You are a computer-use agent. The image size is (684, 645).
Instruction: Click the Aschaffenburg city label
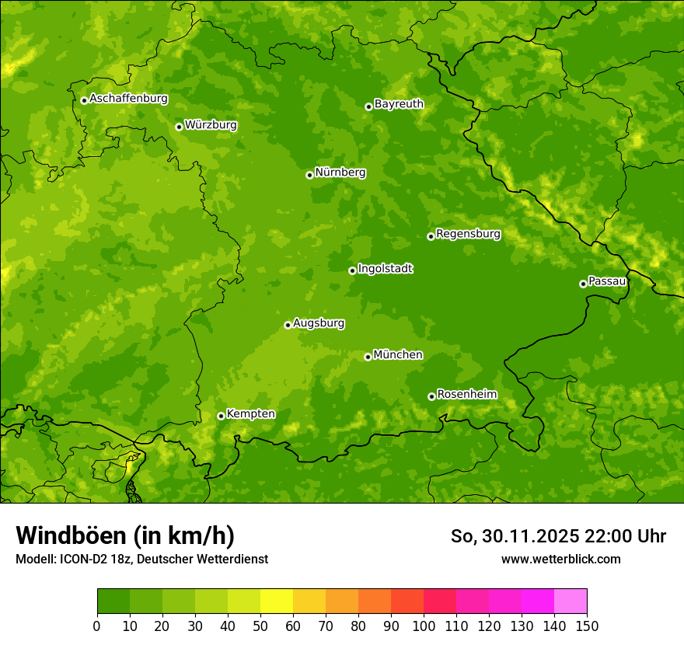tap(128, 99)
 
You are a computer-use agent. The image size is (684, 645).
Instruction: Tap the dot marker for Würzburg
tap(179, 127)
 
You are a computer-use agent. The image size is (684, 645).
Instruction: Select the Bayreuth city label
tap(399, 103)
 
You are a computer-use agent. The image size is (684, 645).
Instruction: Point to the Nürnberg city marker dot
tap(309, 175)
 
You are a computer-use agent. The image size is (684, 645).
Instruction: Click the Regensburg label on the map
tap(468, 233)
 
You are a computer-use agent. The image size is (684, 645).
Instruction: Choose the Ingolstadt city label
tap(385, 268)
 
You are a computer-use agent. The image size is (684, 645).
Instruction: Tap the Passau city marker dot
tap(583, 284)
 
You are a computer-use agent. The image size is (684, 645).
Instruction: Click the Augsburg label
tap(319, 322)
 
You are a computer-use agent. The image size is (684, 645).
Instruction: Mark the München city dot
tap(368, 357)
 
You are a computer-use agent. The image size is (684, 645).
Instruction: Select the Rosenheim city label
tap(466, 394)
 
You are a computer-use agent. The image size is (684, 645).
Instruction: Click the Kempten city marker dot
tap(221, 416)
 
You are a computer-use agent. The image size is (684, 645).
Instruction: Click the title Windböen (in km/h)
tap(125, 535)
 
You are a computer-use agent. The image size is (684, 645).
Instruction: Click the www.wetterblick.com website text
tap(560, 559)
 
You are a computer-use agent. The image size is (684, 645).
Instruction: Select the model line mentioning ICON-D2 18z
tap(141, 559)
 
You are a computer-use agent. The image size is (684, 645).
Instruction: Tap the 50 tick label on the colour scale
tap(260, 626)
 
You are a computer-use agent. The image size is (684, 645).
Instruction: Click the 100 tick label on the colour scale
tap(424, 626)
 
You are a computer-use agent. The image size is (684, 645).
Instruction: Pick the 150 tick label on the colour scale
tap(587, 626)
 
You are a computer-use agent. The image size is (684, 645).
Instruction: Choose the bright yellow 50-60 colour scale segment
tap(277, 601)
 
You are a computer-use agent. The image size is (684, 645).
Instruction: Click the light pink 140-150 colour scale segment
tap(571, 601)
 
